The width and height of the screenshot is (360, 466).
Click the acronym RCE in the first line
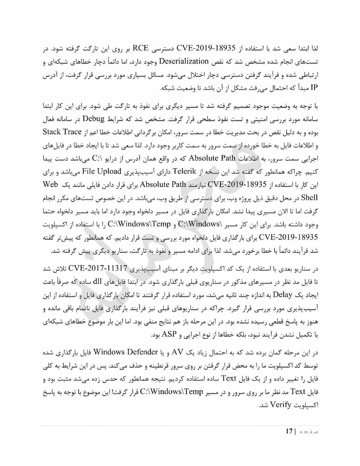pyautogui.click(x=152, y=48)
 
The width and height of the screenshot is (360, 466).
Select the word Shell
pyautogui.click(x=310, y=198)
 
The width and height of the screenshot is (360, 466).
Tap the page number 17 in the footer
pyautogui.click(x=289, y=431)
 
